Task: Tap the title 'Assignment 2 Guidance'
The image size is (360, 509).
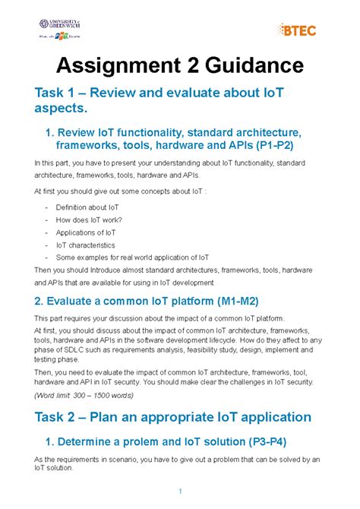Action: (x=180, y=66)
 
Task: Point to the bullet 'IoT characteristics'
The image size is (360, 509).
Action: (x=84, y=245)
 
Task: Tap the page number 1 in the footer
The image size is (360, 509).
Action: (x=180, y=488)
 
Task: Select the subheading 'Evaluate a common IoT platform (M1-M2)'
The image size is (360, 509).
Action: (x=147, y=300)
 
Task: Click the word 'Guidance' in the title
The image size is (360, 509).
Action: (x=245, y=66)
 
